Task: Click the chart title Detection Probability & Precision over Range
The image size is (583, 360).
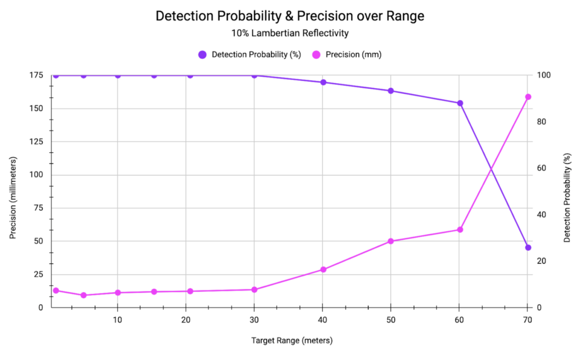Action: click(x=290, y=16)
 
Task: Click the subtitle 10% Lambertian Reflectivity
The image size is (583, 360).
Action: click(x=290, y=33)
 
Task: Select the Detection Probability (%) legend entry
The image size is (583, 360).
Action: click(x=249, y=55)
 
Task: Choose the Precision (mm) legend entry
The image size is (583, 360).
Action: click(x=347, y=55)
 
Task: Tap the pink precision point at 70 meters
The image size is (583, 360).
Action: click(x=528, y=97)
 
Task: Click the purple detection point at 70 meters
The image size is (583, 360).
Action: click(x=528, y=248)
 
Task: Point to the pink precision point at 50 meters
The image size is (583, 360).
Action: click(x=391, y=242)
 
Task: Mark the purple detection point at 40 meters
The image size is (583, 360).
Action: click(x=323, y=82)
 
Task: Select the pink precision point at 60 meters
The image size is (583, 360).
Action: click(x=460, y=230)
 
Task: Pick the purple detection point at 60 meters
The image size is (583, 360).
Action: click(x=460, y=104)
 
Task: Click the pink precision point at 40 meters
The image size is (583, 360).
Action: click(x=323, y=269)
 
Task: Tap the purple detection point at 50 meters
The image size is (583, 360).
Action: click(x=391, y=91)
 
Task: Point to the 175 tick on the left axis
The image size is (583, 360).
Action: click(x=36, y=75)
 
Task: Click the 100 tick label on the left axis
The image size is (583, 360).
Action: click(x=36, y=175)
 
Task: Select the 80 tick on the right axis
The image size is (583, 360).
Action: click(x=541, y=122)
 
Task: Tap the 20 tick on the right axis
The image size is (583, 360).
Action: click(x=541, y=261)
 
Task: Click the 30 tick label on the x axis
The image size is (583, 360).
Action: click(x=254, y=320)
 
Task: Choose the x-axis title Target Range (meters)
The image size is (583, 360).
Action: click(x=292, y=340)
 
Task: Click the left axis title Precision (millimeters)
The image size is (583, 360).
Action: click(x=13, y=198)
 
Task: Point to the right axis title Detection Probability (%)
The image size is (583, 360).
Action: click(x=566, y=198)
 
